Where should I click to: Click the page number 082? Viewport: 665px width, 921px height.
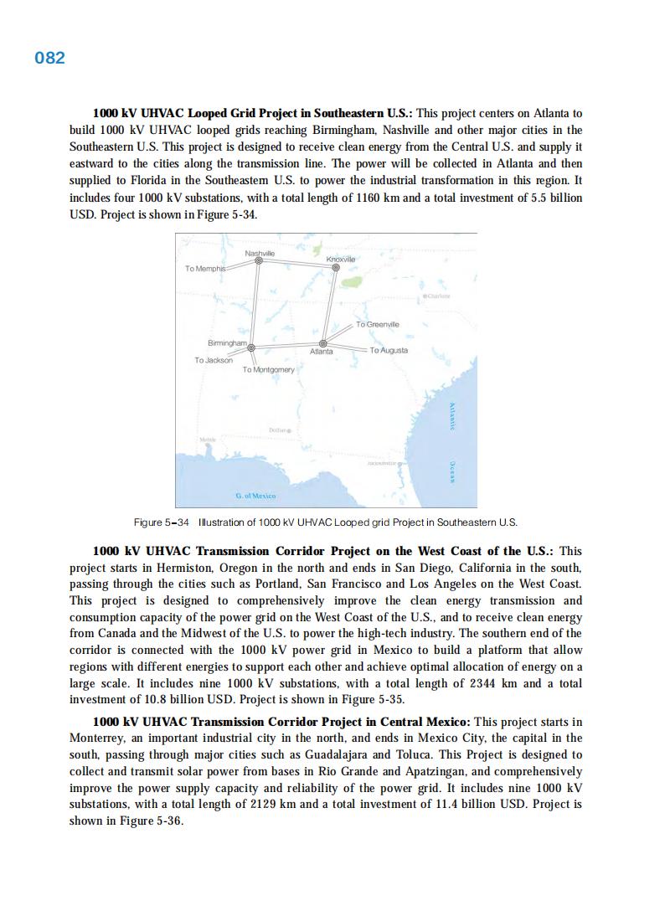coord(49,58)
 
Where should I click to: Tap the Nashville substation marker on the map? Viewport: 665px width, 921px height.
coord(259,261)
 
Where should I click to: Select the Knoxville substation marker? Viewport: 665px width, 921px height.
coord(336,268)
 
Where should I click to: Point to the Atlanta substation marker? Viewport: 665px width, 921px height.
coord(323,342)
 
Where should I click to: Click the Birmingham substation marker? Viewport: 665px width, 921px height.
coord(250,347)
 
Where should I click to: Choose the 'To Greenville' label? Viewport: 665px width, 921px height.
coord(378,324)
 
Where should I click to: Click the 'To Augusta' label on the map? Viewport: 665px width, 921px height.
coord(389,350)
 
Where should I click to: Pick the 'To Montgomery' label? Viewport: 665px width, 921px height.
coord(268,369)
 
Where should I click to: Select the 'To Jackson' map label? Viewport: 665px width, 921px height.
coord(214,360)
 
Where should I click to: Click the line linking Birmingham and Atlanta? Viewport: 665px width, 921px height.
coord(286,345)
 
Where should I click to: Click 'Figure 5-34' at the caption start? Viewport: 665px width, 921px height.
coord(162,522)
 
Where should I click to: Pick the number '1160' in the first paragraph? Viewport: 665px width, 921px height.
coord(435,197)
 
